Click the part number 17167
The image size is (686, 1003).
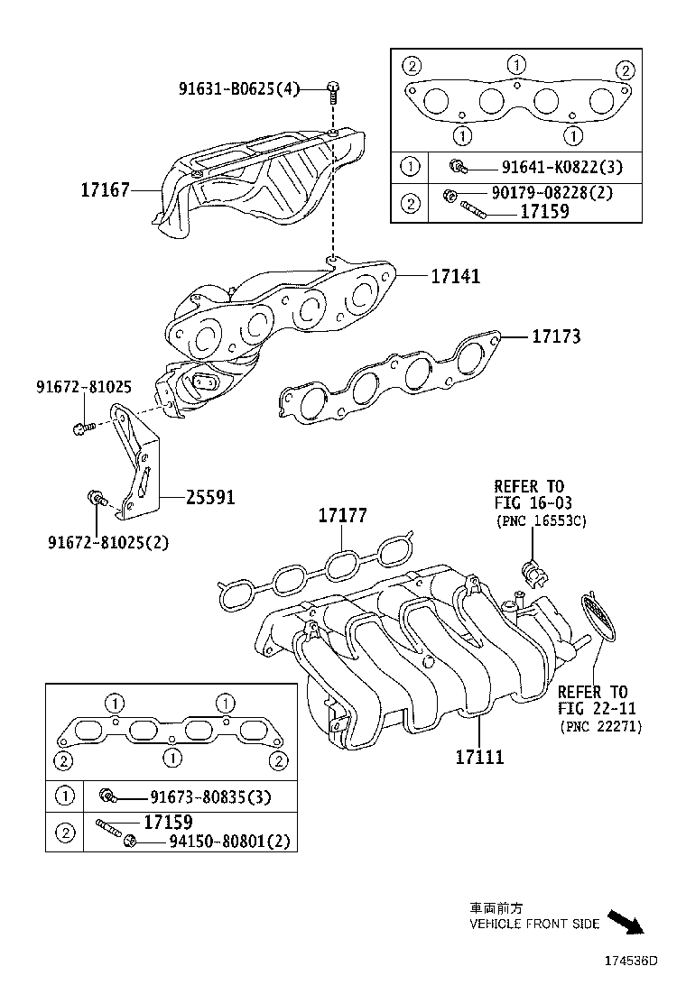[105, 190]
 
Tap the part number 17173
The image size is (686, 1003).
[556, 336]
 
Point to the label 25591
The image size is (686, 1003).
[210, 497]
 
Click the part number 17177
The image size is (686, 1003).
[342, 516]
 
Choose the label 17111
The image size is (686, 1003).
[479, 757]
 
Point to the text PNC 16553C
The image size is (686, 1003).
[541, 521]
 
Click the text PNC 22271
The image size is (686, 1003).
[600, 725]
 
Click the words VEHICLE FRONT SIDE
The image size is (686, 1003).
[533, 925]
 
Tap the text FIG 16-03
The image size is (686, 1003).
[533, 503]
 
